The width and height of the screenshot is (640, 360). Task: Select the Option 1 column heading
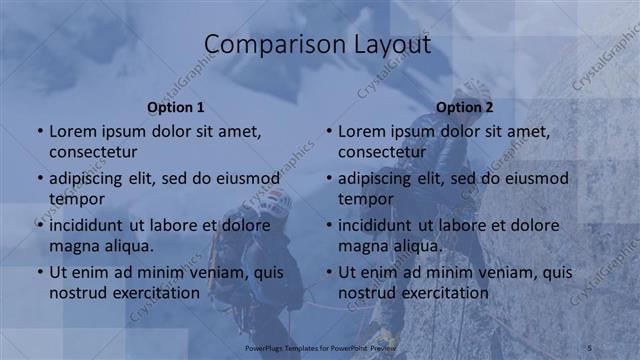[176, 107]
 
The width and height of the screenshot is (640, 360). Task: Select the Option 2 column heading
[465, 107]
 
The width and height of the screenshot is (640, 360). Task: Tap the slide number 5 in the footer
[591, 346]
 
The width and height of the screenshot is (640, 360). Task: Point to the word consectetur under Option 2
[382, 152]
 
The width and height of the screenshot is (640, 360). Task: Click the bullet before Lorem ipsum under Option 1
[40, 132]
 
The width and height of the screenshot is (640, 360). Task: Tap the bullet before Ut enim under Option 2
[329, 272]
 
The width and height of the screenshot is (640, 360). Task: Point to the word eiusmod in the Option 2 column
[534, 179]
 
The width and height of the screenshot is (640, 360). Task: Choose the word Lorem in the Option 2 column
[361, 132]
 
